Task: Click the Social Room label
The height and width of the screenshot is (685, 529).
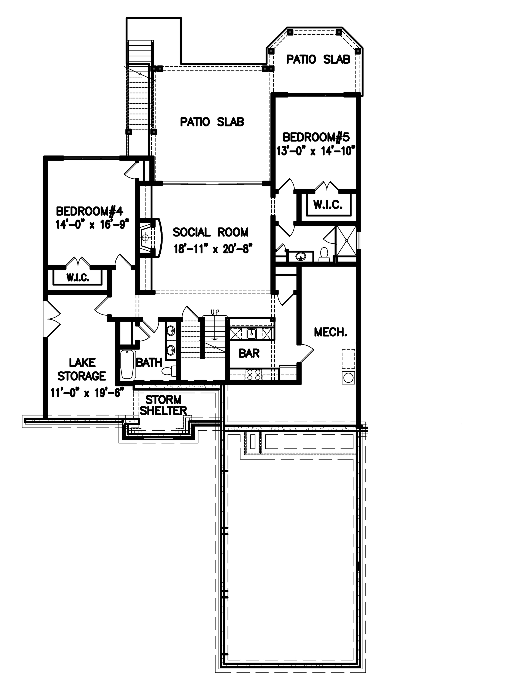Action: pos(210,232)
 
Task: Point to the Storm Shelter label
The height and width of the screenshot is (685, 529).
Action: pos(163,405)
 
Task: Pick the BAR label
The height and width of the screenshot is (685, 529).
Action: pos(249,353)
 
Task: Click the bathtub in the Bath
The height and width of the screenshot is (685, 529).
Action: pos(127,364)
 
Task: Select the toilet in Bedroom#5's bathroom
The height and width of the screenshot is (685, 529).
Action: pos(324,254)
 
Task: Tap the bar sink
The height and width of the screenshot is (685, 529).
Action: pos(252,334)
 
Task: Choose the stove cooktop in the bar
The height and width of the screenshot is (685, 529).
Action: pos(254,374)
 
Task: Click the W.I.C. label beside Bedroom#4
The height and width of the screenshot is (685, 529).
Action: pos(78,278)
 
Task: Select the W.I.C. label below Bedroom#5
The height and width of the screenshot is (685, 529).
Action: pos(328,205)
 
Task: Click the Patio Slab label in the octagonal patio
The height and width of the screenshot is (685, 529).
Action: pos(318,59)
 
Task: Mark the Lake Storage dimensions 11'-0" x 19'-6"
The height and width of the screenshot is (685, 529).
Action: pos(86,393)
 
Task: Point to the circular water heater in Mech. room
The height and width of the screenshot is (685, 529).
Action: pos(348,378)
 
